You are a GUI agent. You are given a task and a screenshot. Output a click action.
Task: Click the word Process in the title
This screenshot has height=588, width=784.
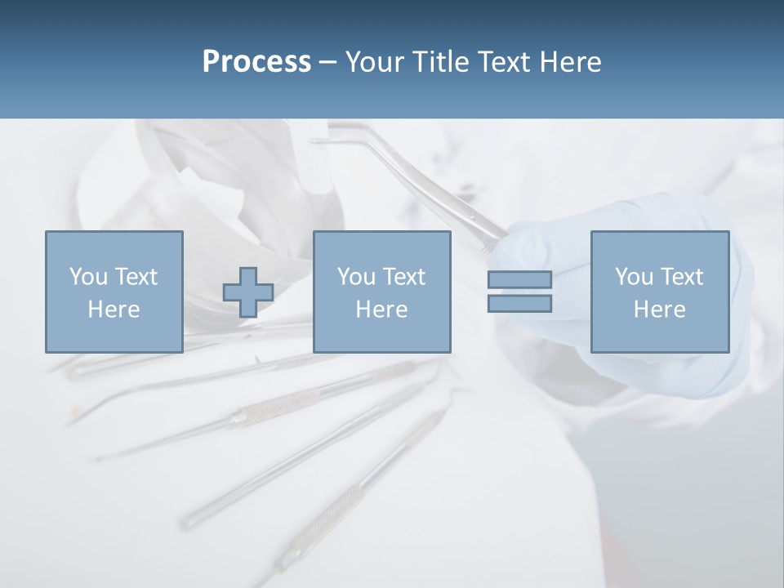[256, 62]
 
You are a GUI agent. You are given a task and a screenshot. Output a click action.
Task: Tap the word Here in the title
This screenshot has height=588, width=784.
[570, 62]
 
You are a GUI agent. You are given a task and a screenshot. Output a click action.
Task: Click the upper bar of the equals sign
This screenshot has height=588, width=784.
[519, 279]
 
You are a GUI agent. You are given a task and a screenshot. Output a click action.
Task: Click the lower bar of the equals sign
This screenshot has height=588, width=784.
[519, 303]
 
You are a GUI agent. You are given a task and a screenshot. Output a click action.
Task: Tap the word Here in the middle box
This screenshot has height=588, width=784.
[381, 310]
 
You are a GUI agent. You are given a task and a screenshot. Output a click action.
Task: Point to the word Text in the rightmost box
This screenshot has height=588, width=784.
[681, 277]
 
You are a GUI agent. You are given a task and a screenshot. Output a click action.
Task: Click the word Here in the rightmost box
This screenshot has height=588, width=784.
[659, 310]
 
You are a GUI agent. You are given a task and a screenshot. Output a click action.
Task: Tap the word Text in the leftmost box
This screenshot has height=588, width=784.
[136, 277]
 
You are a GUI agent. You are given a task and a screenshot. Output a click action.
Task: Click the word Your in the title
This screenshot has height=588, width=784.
[376, 62]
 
